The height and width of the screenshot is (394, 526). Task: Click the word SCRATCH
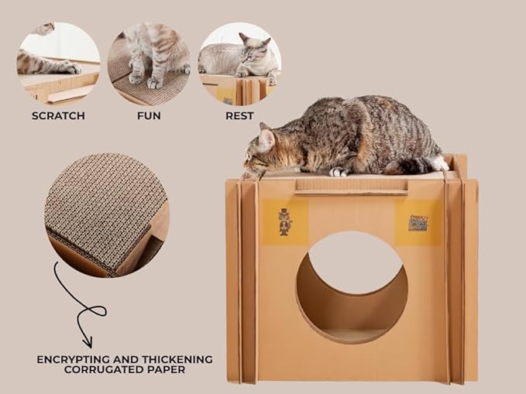pyautogui.click(x=58, y=116)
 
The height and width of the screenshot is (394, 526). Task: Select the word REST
pyautogui.click(x=239, y=116)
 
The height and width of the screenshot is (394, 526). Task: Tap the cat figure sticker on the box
pyautogui.click(x=285, y=221)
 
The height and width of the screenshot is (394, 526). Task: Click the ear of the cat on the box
pyautogui.click(x=266, y=138)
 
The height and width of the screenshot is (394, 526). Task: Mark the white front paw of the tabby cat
pyautogui.click(x=339, y=172)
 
